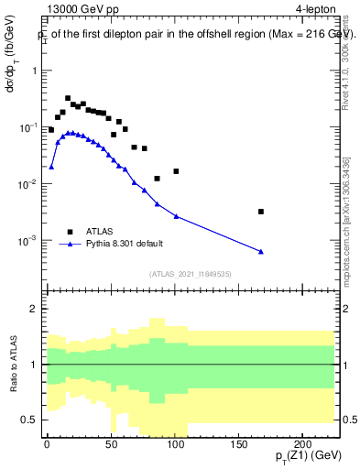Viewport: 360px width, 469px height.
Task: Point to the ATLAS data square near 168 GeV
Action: pos(261,212)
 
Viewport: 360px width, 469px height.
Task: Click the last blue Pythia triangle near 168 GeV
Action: pos(261,252)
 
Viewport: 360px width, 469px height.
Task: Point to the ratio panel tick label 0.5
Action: pos(31,420)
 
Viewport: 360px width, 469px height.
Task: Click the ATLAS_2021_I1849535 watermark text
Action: pos(190,273)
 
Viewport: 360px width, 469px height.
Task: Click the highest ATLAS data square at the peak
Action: pos(68,98)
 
